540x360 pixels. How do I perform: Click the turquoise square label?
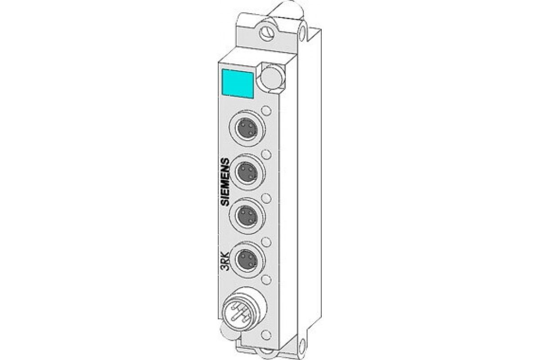pos(238,84)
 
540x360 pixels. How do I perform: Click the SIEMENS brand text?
pos(225,182)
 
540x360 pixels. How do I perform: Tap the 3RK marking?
pos(225,265)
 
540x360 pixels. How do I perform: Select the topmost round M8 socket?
pos(247,128)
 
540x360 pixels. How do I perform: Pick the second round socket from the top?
pos(247,172)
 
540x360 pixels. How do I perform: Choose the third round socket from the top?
pos(247,216)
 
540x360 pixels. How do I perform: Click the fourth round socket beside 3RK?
pos(247,260)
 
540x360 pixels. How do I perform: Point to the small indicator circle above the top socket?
pos(266,111)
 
